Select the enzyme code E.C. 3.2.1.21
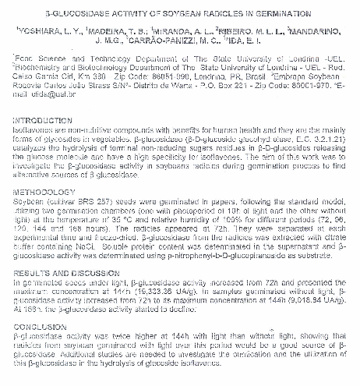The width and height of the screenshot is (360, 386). pos(319,135)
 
